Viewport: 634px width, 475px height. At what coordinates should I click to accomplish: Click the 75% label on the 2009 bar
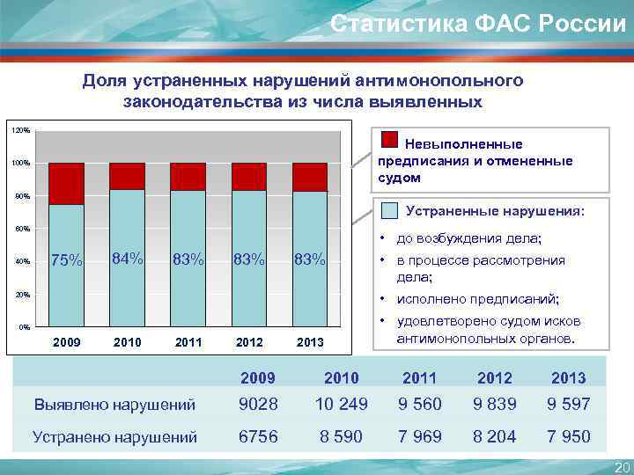click(x=67, y=260)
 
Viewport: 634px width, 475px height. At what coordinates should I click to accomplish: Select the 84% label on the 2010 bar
click(x=128, y=258)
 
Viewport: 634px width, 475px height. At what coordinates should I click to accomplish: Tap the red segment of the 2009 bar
click(x=67, y=184)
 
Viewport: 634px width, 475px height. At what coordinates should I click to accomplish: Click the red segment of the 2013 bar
click(x=310, y=177)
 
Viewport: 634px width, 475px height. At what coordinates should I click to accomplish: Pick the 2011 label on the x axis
click(x=188, y=341)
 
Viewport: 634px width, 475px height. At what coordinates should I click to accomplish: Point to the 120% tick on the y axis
click(x=20, y=130)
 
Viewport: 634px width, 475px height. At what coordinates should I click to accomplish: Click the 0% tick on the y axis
click(x=25, y=327)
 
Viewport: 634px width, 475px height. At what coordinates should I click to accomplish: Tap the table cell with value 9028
click(x=258, y=405)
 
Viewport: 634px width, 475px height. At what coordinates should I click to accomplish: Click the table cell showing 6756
click(x=258, y=436)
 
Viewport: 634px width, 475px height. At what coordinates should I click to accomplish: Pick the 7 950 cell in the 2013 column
click(x=568, y=436)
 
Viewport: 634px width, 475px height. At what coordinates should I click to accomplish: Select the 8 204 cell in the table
click(x=494, y=436)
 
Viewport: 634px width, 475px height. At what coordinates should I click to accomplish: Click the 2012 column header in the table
click(x=494, y=378)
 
